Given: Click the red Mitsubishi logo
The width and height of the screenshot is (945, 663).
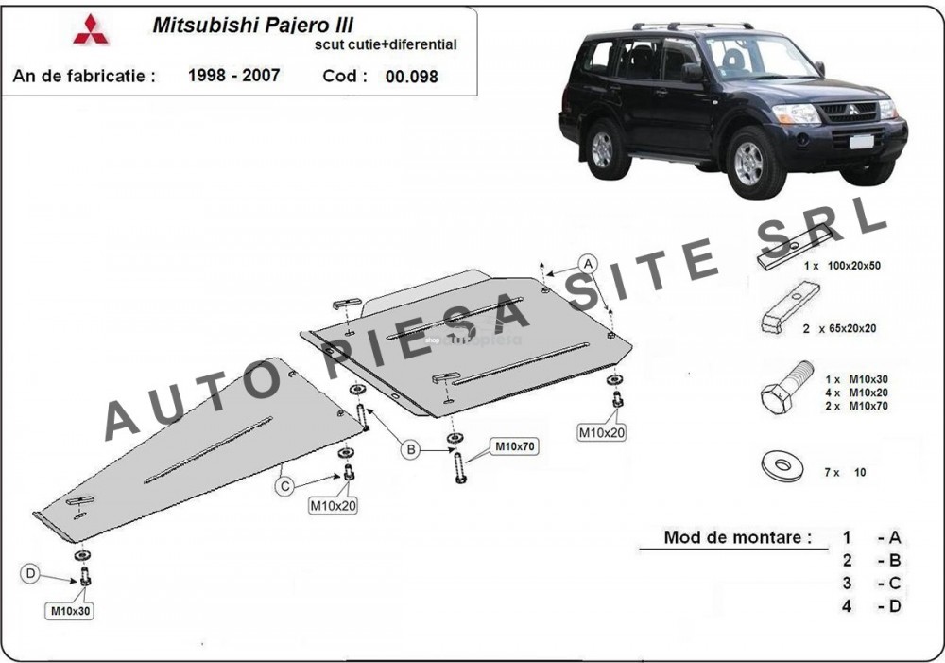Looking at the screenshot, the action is click(x=91, y=29).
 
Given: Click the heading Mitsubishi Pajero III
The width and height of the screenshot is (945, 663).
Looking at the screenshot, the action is click(x=252, y=25).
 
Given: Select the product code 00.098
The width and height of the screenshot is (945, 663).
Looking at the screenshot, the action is click(x=412, y=77).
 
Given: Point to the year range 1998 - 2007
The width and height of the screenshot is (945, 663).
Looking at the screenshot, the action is click(x=233, y=76).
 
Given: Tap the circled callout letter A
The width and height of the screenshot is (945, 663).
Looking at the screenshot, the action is click(x=588, y=264).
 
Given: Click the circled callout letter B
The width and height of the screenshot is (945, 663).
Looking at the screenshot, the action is click(x=411, y=449).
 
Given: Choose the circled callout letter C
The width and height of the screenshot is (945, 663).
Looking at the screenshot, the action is click(x=285, y=486).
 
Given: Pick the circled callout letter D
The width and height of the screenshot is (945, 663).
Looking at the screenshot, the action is click(x=31, y=573).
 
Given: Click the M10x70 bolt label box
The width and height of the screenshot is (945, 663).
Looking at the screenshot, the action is click(x=514, y=447).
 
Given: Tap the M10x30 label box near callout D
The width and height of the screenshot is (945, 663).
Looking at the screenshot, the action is click(x=70, y=611).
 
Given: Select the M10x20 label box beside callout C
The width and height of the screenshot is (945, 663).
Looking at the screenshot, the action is click(x=333, y=506).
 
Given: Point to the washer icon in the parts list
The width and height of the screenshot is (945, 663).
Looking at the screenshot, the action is click(x=782, y=466).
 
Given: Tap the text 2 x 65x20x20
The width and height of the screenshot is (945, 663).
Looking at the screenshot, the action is click(x=839, y=329).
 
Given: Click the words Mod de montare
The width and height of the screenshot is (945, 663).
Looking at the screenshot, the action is click(x=737, y=537).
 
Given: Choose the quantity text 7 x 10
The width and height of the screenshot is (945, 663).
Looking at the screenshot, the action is click(x=845, y=472).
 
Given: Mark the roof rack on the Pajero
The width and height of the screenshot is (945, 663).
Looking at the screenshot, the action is click(x=693, y=26).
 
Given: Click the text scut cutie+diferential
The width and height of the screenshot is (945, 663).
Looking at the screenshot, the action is click(x=386, y=44).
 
